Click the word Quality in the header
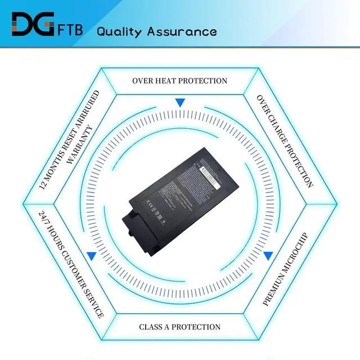[119, 31]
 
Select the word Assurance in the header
[182, 31]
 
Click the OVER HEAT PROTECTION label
[179, 80]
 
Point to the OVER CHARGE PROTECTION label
[285, 141]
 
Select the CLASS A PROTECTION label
[179, 327]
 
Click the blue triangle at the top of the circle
[180, 102]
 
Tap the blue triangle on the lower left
[91, 256]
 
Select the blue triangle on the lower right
[268, 256]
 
